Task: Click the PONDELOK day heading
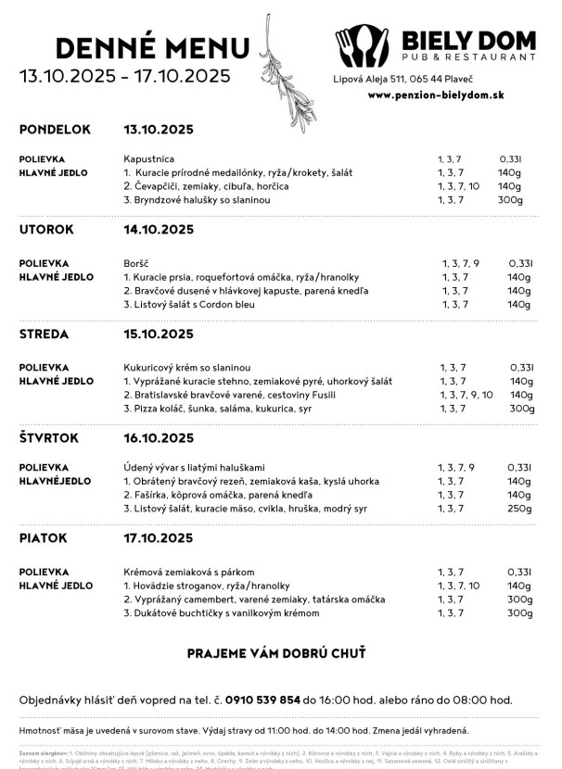click(55, 129)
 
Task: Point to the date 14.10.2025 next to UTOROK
click(159, 229)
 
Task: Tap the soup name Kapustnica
click(148, 159)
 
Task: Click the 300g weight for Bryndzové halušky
click(510, 200)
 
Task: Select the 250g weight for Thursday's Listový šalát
click(519, 509)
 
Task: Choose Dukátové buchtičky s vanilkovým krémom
click(221, 612)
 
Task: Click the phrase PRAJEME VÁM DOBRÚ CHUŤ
click(276, 653)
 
